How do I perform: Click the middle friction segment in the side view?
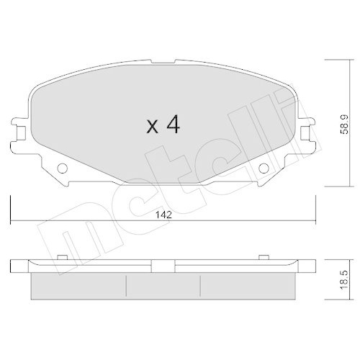coord(163,285)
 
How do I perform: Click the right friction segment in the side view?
coord(248,285)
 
